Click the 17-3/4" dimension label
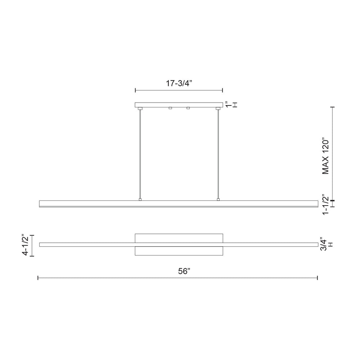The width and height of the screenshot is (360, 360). click(179, 84)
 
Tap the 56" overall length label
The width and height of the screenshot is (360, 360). click(184, 271)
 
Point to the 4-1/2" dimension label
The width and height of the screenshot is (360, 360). click(25, 245)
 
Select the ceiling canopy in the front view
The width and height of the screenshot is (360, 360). click(179, 105)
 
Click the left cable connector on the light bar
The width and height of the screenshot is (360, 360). click(140, 199)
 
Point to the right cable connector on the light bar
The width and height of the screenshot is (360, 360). click(218, 199)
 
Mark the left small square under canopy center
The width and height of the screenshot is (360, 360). click(170, 108)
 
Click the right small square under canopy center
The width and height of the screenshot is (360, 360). click(188, 108)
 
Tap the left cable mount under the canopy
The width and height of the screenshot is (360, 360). click(140, 108)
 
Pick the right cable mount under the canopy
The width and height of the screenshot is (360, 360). click(218, 108)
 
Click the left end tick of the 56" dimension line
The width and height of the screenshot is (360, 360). click(38, 278)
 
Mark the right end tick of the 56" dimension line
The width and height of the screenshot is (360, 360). click(317, 278)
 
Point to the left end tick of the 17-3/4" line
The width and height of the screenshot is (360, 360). click(135, 90)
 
